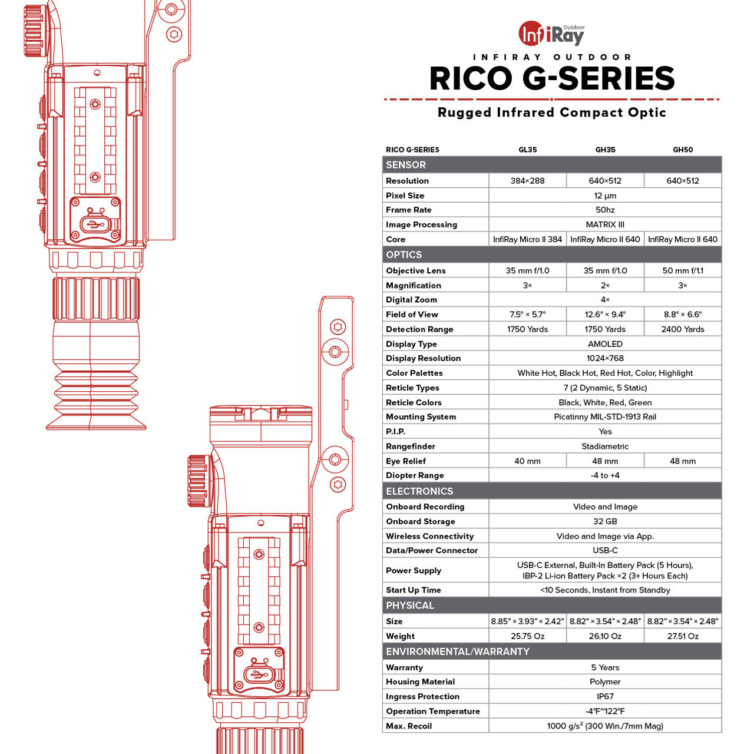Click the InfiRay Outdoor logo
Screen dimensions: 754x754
551,33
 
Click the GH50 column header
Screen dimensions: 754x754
682,150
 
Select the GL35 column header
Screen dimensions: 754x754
527,150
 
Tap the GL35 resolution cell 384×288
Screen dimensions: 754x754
527,181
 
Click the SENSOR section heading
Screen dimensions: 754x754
405,165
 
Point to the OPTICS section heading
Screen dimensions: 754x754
404,254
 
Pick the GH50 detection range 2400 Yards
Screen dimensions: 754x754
682,329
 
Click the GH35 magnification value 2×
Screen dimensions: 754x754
605,285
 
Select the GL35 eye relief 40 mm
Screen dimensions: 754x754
527,461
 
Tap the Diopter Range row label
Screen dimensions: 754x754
415,475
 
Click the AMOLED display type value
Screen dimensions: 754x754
605,344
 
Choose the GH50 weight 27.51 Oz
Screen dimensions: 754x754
682,636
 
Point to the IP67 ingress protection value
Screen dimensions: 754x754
605,696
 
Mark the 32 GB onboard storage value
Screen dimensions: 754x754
605,521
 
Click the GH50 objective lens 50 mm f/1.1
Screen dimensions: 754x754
682,270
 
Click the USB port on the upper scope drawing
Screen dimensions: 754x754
95,224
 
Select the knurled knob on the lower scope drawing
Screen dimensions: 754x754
199,481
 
